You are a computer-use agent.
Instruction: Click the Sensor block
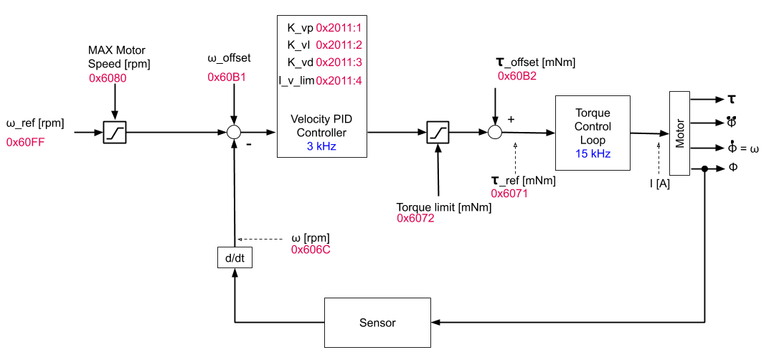click(x=377, y=323)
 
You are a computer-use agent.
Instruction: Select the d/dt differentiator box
click(x=235, y=257)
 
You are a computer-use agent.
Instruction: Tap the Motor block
click(x=679, y=133)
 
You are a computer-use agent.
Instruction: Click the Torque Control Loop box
click(x=593, y=133)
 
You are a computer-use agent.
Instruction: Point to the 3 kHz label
click(x=321, y=146)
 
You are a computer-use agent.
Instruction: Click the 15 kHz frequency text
click(x=593, y=153)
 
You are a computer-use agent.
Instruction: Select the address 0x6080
click(x=108, y=78)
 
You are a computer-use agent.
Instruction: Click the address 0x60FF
click(x=25, y=142)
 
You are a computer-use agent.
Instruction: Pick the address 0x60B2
click(x=517, y=75)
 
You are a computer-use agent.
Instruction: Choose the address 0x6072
click(x=415, y=218)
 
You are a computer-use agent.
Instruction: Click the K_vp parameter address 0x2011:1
click(x=341, y=28)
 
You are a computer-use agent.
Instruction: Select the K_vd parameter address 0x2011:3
click(x=341, y=62)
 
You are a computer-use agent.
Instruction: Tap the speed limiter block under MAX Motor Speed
click(x=114, y=132)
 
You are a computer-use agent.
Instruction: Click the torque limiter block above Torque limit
click(x=438, y=132)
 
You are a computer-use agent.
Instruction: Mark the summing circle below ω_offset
click(x=234, y=132)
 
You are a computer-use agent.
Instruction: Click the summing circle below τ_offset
click(x=494, y=132)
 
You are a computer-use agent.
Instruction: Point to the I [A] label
click(x=660, y=184)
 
